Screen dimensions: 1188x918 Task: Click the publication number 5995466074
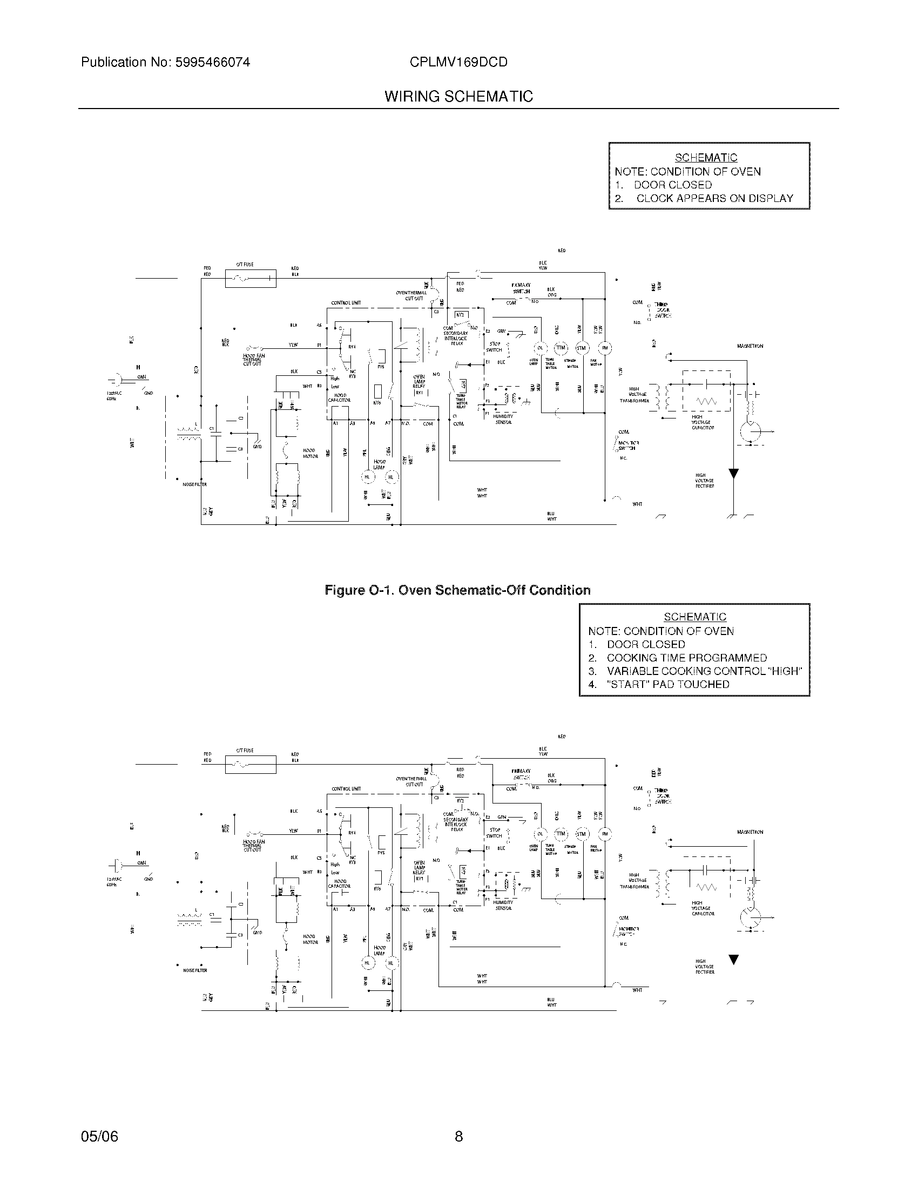(212, 63)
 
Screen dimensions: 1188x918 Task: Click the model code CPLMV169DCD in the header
(458, 63)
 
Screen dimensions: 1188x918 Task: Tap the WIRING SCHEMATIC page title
(458, 97)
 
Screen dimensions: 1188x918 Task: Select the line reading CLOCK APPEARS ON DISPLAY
(714, 199)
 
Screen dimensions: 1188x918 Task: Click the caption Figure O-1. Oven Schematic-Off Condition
(457, 590)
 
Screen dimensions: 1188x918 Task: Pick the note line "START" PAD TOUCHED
(668, 684)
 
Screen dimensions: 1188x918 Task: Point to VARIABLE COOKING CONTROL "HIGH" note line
(704, 671)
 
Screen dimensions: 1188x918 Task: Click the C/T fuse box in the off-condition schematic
(250, 279)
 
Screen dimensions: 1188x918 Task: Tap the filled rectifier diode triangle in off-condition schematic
(734, 474)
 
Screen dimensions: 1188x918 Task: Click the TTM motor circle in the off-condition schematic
(561, 348)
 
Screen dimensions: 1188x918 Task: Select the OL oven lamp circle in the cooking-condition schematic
(540, 834)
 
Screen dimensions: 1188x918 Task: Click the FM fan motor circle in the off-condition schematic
(605, 348)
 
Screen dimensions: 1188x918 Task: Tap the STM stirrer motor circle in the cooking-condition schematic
(582, 834)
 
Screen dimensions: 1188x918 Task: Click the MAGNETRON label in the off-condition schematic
(750, 346)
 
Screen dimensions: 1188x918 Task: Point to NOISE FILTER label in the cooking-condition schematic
(195, 970)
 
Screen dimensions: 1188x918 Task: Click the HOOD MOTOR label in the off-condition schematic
(310, 453)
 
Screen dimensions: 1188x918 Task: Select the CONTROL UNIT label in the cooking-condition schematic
(346, 789)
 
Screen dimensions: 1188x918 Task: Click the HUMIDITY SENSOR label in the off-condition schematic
(503, 419)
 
